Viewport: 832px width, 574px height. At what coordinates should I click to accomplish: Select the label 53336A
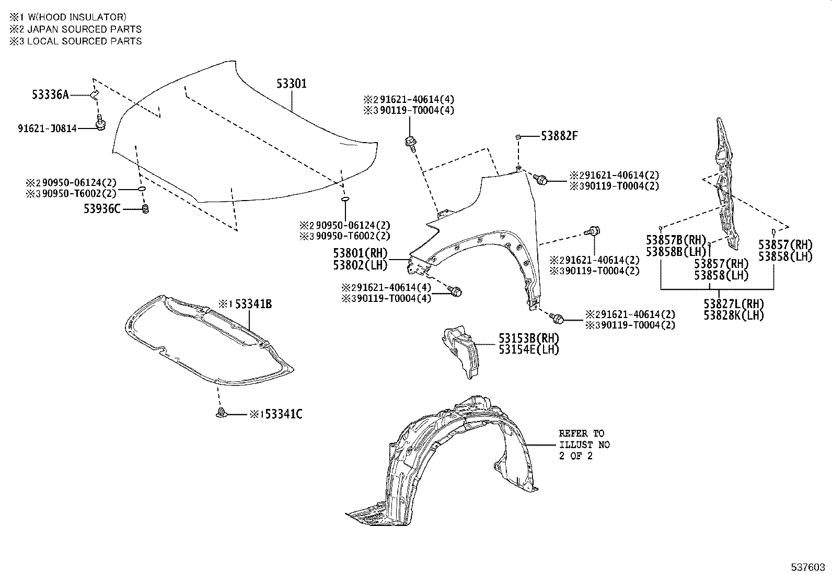pos(50,95)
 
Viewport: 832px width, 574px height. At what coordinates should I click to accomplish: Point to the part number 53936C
pos(102,209)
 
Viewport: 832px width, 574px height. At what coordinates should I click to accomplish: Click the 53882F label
pos(559,136)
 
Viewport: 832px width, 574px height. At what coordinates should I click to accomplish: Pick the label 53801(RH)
pos(361,254)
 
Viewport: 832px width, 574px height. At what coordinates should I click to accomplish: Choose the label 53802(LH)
pos(361,265)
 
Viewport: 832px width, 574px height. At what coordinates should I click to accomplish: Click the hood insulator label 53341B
pos(253,304)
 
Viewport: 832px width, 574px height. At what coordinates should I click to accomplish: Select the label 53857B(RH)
pos(676,240)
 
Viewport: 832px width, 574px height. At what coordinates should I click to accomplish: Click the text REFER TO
pos(581,434)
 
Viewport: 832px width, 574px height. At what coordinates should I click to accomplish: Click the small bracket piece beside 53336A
pos(95,95)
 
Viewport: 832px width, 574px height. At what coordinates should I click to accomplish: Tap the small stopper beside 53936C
pos(146,209)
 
